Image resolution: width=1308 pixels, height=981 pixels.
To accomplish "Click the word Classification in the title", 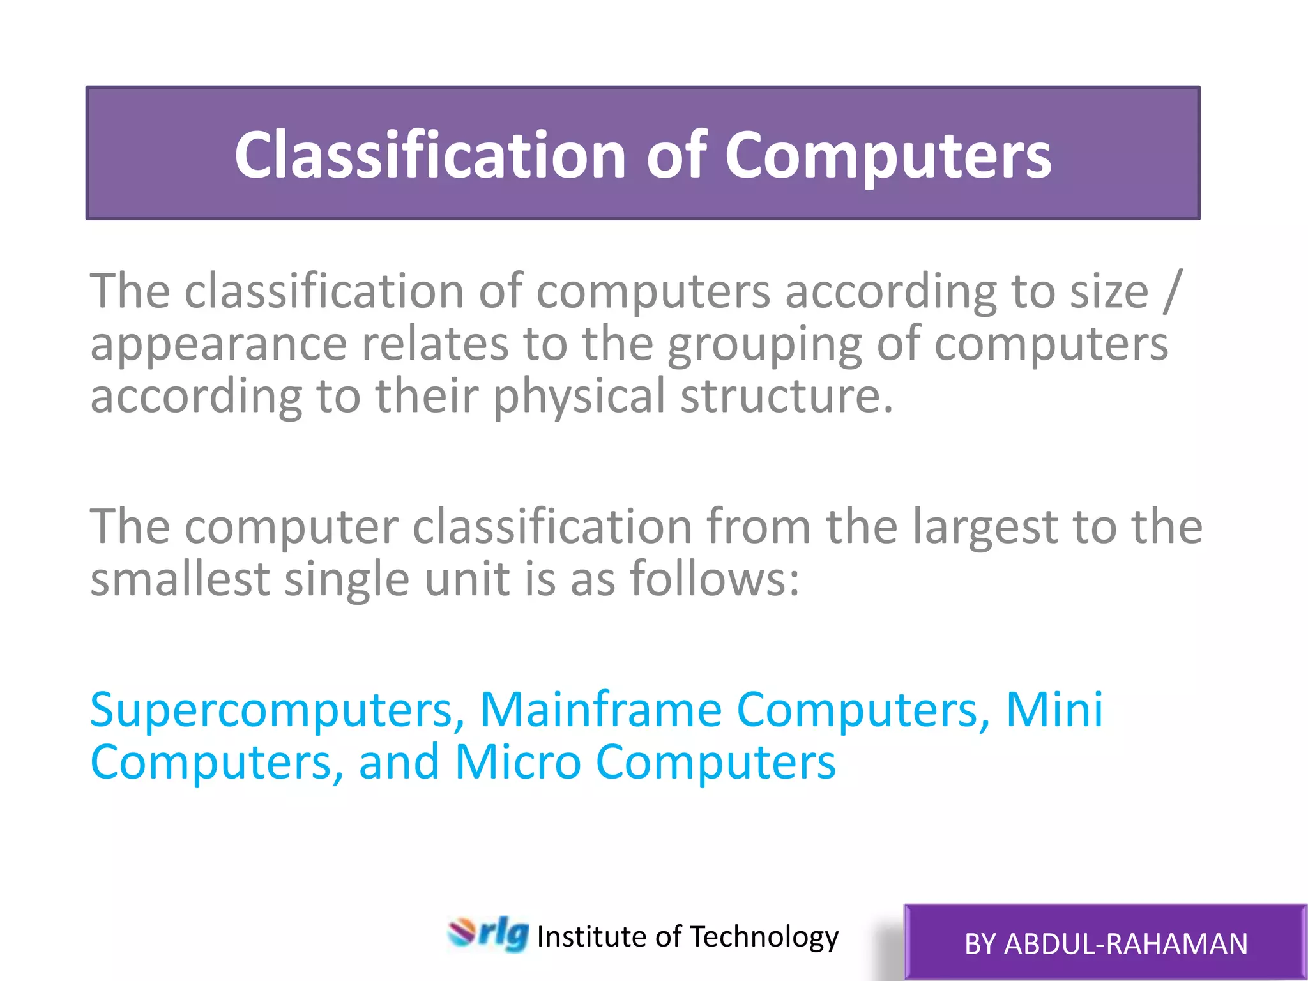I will (x=430, y=155).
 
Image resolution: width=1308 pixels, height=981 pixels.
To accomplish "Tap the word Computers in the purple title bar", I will (x=887, y=155).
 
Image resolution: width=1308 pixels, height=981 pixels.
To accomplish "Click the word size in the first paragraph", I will (x=1109, y=291).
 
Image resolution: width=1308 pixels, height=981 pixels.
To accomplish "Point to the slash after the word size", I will (x=1173, y=291).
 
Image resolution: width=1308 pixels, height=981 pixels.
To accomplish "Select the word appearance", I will (x=218, y=345).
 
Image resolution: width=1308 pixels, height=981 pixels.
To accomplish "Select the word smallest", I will (x=179, y=579).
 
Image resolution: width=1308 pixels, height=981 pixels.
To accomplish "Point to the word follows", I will (x=713, y=579).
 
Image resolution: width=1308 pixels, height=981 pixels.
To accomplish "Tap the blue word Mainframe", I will (x=600, y=710).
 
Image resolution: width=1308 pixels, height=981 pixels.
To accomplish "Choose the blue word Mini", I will (x=1054, y=710).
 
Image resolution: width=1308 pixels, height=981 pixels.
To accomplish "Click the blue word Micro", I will (x=517, y=762).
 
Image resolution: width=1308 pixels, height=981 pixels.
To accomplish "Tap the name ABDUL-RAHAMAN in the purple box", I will (x=1125, y=944).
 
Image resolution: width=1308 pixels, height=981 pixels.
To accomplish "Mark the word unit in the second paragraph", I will (x=467, y=579).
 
